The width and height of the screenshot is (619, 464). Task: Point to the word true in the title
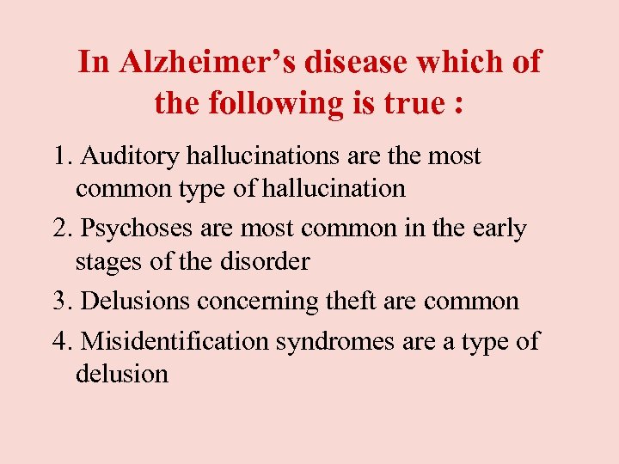click(x=410, y=103)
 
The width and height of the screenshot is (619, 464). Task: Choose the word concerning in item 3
click(x=269, y=302)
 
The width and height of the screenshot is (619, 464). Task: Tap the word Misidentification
click(x=175, y=341)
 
